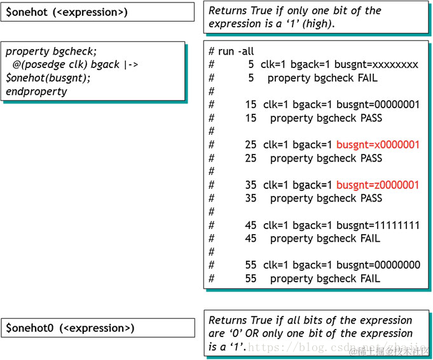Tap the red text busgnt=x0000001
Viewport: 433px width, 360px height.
378,145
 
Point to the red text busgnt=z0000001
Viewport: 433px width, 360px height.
378,185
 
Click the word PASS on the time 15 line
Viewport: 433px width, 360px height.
368,118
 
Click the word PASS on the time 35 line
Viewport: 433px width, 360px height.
368,198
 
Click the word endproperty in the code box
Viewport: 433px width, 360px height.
36,92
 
